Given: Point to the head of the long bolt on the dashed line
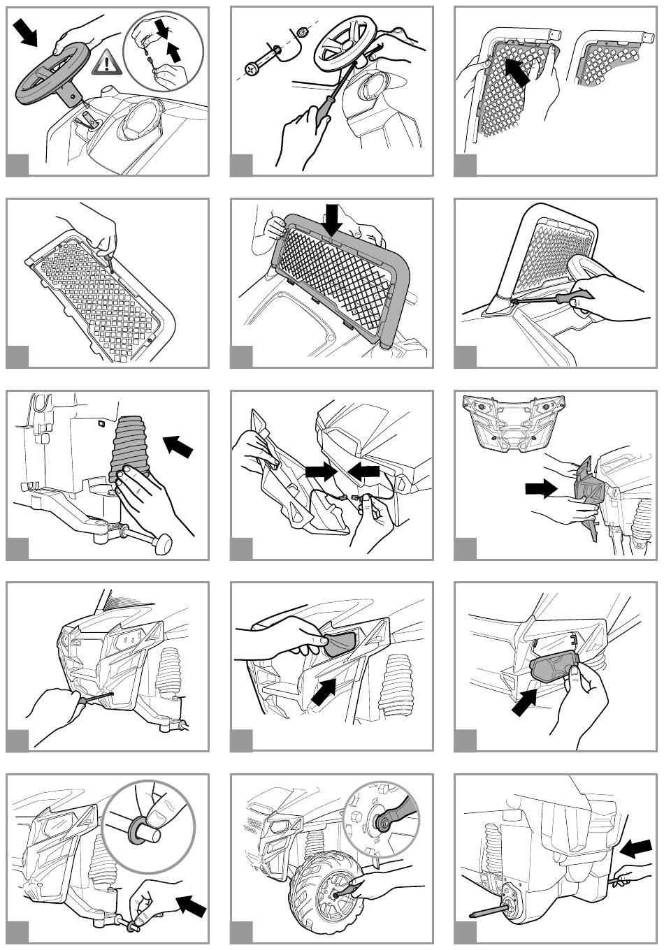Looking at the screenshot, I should click(x=253, y=68).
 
